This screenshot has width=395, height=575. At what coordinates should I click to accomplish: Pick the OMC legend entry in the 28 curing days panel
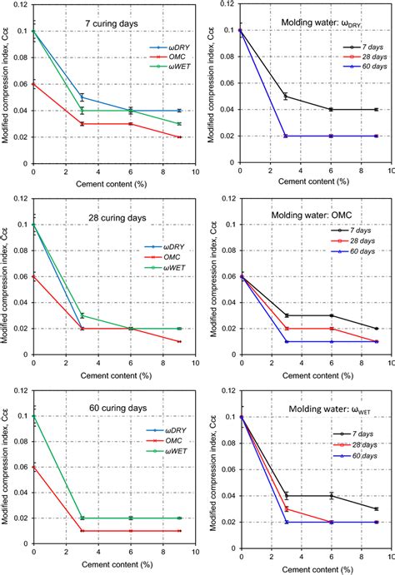pyautogui.click(x=167, y=255)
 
